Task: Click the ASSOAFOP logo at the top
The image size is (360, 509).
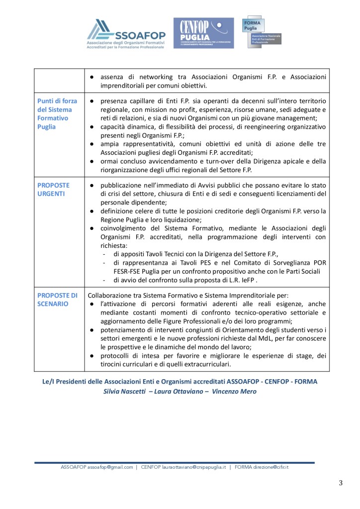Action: tap(126, 33)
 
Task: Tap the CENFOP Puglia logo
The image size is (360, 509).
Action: tap(203, 33)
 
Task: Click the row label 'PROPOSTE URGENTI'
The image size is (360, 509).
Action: tap(54, 189)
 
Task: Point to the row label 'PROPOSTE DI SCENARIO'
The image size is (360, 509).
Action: tap(57, 299)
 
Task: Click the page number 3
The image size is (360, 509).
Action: tap(341, 483)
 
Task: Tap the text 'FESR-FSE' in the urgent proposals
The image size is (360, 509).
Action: tap(115, 271)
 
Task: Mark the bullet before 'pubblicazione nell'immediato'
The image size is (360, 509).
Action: tap(92, 185)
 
